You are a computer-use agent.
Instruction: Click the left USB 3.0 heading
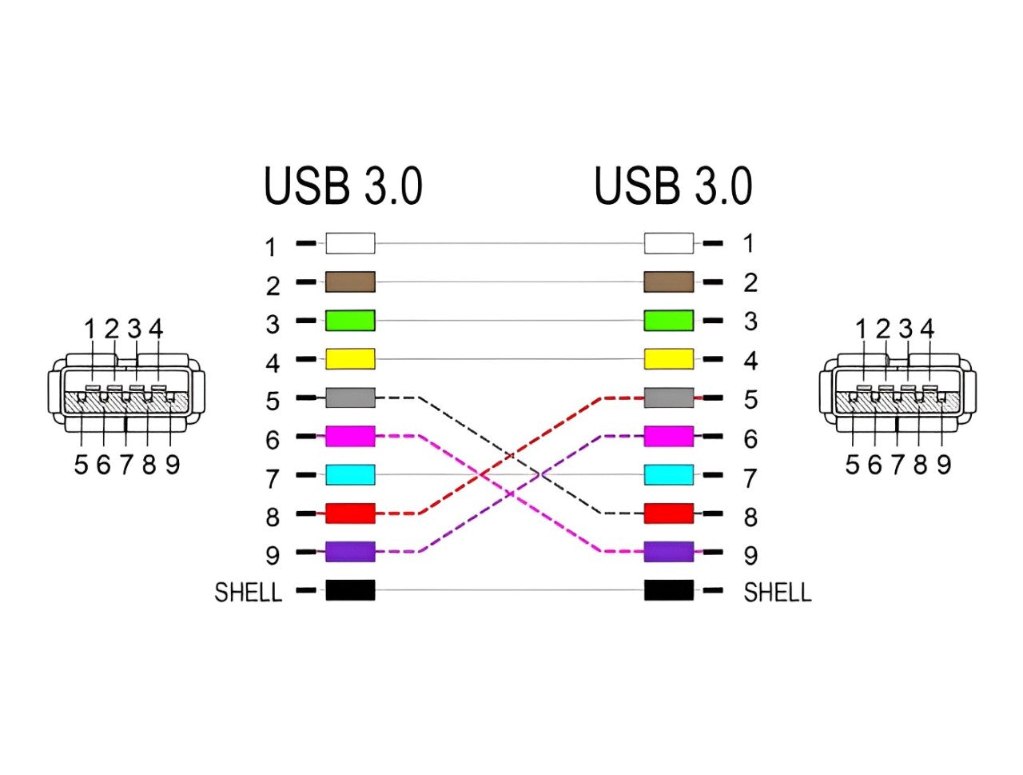click(x=343, y=186)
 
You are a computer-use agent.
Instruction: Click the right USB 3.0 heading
click(x=673, y=186)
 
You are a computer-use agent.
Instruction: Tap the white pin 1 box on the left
click(x=350, y=243)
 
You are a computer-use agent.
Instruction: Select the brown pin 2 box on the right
click(x=669, y=282)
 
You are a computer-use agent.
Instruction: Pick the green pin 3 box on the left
click(x=350, y=321)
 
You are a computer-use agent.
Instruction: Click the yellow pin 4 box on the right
click(x=669, y=359)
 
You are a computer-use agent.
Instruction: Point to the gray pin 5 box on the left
click(x=350, y=397)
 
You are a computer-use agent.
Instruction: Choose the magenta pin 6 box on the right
click(x=669, y=437)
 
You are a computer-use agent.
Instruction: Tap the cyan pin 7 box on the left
click(x=350, y=475)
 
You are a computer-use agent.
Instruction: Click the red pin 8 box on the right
click(x=669, y=513)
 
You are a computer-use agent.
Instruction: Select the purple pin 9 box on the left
click(x=350, y=552)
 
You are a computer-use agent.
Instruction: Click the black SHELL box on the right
click(x=669, y=591)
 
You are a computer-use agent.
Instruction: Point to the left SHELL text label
click(x=249, y=593)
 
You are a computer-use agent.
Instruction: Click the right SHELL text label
click(x=777, y=593)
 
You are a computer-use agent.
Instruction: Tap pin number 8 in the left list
click(x=273, y=517)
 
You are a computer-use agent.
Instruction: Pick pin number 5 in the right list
click(x=750, y=399)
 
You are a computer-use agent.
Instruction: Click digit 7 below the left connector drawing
click(x=126, y=465)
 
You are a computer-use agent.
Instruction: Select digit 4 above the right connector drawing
click(x=927, y=329)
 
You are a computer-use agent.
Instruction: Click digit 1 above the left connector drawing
click(x=90, y=329)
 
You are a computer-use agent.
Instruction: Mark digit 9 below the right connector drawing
click(x=944, y=465)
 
